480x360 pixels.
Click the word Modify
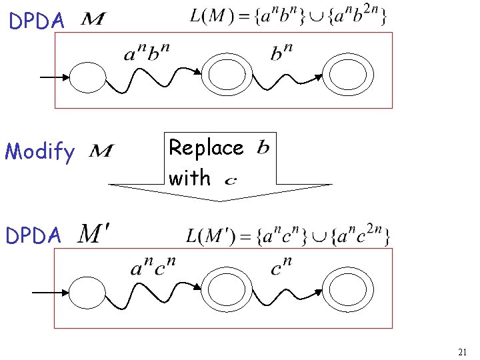(x=39, y=152)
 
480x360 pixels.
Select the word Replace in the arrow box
(x=206, y=147)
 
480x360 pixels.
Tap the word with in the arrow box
(x=189, y=178)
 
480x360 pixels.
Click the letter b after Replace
(x=263, y=146)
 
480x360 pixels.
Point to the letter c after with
(x=230, y=180)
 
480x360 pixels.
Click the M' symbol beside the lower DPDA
(x=95, y=233)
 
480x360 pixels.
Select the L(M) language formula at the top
(x=287, y=15)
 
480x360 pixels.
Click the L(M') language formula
(x=287, y=235)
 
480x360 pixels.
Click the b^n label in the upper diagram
(x=282, y=51)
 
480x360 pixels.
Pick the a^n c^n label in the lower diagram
(x=153, y=269)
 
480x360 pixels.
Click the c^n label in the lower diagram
(x=281, y=269)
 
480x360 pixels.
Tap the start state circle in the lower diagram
(x=93, y=293)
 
